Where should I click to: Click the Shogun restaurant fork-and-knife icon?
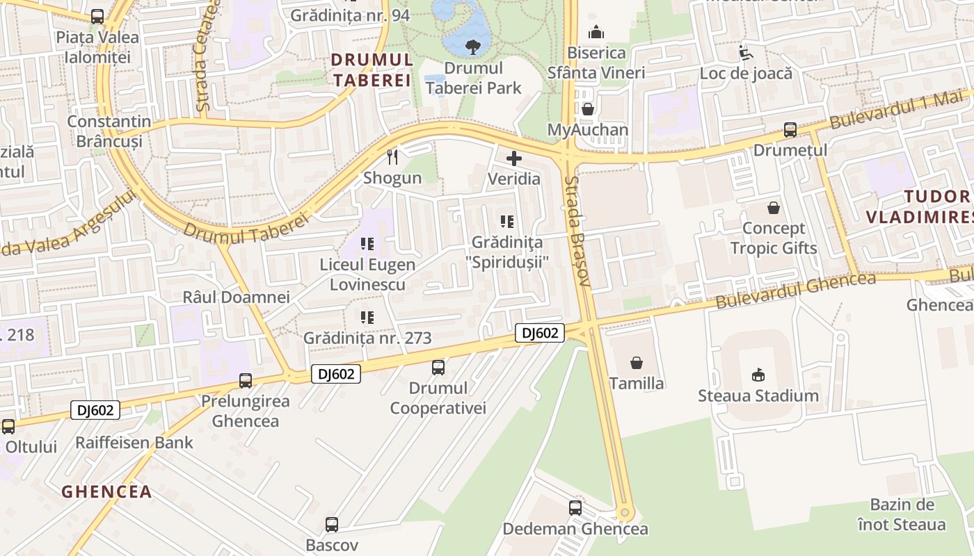[392, 158]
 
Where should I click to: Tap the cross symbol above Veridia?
[514, 158]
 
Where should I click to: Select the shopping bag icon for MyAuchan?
[588, 109]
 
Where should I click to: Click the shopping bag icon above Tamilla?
[637, 363]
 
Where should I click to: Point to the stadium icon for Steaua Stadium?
[758, 375]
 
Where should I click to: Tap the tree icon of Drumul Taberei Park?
[473, 47]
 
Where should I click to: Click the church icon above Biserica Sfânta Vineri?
[596, 32]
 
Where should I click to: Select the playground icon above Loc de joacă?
[746, 53]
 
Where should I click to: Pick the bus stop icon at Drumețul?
[790, 130]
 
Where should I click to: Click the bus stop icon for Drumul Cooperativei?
[438, 368]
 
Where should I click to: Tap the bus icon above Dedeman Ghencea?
[575, 508]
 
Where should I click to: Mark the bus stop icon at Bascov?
[333, 525]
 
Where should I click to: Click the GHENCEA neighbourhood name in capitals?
[106, 492]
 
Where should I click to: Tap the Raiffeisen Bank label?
[134, 443]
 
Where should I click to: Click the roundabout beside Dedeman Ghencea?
[624, 514]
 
